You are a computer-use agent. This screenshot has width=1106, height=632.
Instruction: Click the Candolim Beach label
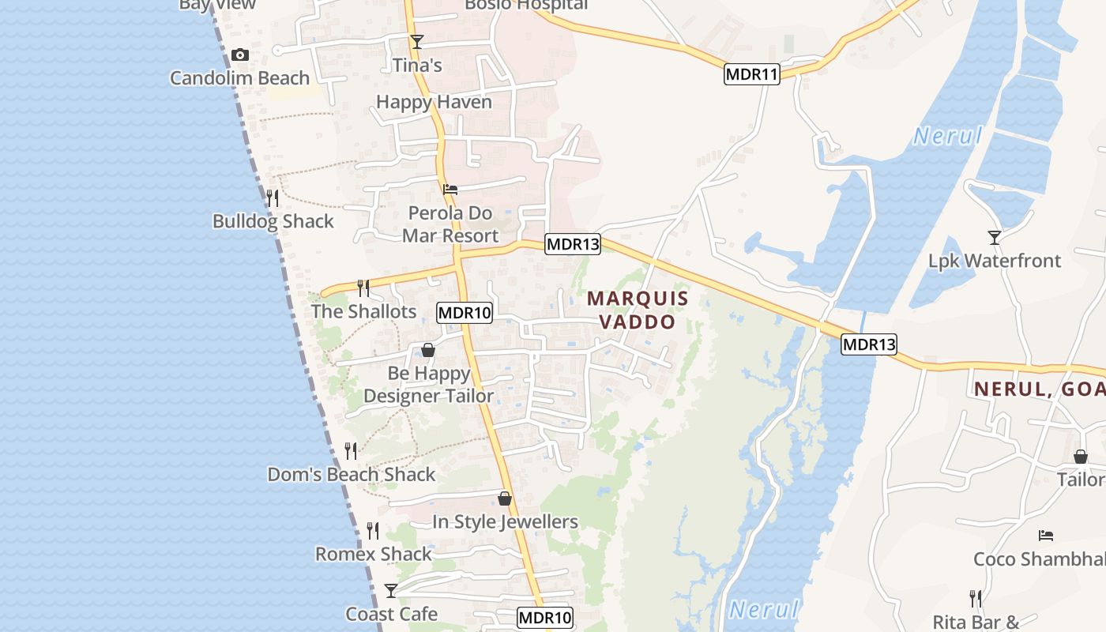[239, 77]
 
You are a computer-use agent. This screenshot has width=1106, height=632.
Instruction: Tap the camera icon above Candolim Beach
[240, 55]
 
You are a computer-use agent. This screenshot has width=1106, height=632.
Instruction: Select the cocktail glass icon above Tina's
[417, 42]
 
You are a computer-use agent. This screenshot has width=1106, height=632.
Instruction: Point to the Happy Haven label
[434, 102]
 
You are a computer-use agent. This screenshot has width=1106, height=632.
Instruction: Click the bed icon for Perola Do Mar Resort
[450, 189]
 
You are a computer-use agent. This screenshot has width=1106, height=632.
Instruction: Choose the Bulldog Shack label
[273, 221]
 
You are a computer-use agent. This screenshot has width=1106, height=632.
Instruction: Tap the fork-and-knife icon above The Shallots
[363, 288]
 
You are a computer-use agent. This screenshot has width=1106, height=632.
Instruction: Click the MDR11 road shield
[752, 74]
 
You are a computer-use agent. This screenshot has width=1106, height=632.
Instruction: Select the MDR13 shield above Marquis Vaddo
[573, 244]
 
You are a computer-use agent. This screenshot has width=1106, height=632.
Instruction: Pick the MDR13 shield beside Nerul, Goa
[869, 344]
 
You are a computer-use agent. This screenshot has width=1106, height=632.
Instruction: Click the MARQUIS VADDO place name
[638, 310]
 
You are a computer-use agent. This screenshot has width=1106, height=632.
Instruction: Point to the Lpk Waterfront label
[995, 261]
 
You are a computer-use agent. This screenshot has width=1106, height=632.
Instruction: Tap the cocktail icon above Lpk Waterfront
[995, 237]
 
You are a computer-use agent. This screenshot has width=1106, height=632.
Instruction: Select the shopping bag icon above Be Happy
[428, 349]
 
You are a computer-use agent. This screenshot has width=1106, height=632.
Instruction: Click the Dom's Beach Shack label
[352, 475]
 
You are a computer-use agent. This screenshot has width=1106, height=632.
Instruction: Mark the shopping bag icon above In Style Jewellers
[505, 498]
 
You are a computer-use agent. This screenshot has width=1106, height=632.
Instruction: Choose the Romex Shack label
[373, 554]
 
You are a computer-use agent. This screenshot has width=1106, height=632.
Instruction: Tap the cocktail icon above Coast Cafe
[391, 590]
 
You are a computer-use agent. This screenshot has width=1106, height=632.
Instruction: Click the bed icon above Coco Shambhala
[1046, 536]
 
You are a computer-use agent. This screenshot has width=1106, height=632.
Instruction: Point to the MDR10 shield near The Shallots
[465, 313]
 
